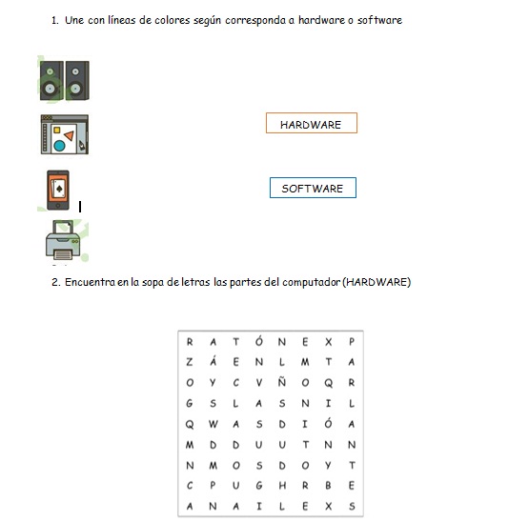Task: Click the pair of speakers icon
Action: click(65, 80)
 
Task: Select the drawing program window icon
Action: click(65, 134)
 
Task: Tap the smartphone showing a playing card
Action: click(58, 191)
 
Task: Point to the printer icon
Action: click(63, 240)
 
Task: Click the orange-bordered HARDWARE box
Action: click(312, 123)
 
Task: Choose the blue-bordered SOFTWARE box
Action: click(313, 188)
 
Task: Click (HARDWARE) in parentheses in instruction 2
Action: click(376, 282)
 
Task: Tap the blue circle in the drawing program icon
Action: click(59, 146)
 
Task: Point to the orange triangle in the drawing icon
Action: click(70, 135)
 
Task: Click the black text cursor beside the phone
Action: click(80, 207)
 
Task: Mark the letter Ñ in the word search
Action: click(282, 382)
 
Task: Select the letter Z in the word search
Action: click(190, 362)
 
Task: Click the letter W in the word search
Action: click(213, 424)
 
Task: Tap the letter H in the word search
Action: click(282, 486)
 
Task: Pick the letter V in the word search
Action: click(258, 383)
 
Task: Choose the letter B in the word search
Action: click(328, 486)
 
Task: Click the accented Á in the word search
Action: click(213, 361)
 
